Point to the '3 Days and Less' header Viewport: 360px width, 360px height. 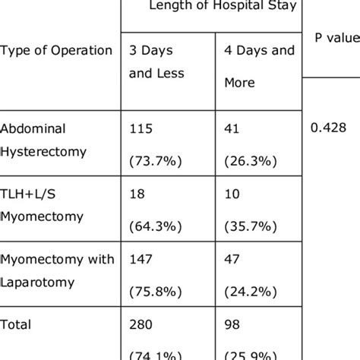pos(157,62)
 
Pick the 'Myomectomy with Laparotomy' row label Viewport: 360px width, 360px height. pos(57,270)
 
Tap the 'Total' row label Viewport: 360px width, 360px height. pos(17,326)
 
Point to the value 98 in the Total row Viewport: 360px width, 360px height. pos(232,326)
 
